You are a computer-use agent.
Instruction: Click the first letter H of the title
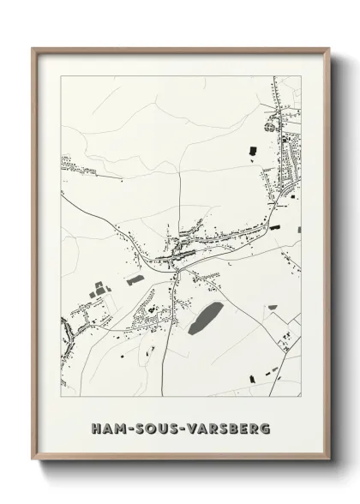coord(94,426)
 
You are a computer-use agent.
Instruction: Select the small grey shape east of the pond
coord(273,307)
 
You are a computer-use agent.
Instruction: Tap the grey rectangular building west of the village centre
coord(135,279)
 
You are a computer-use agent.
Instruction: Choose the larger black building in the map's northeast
coord(252,151)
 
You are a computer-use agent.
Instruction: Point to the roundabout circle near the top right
coord(272,126)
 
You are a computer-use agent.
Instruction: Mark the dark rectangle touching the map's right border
coord(299,230)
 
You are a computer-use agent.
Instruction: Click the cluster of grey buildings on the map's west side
coord(98,288)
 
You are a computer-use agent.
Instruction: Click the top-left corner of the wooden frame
coord(33,48)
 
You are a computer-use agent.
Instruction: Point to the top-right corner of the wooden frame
coord(329,48)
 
